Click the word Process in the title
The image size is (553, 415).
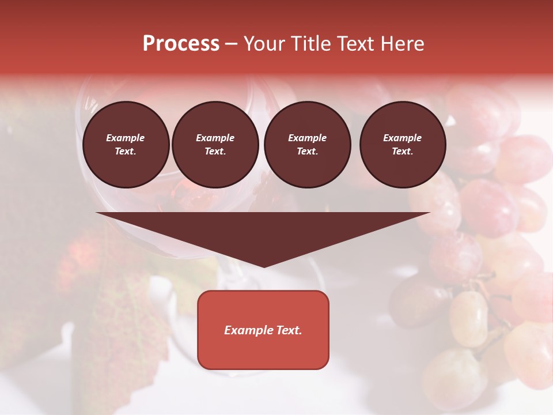[x=181, y=44]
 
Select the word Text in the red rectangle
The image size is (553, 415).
[x=290, y=330]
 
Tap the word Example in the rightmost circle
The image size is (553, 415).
[x=403, y=138]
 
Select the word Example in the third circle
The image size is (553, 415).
[x=307, y=138]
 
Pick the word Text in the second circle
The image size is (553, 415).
[x=215, y=152]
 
